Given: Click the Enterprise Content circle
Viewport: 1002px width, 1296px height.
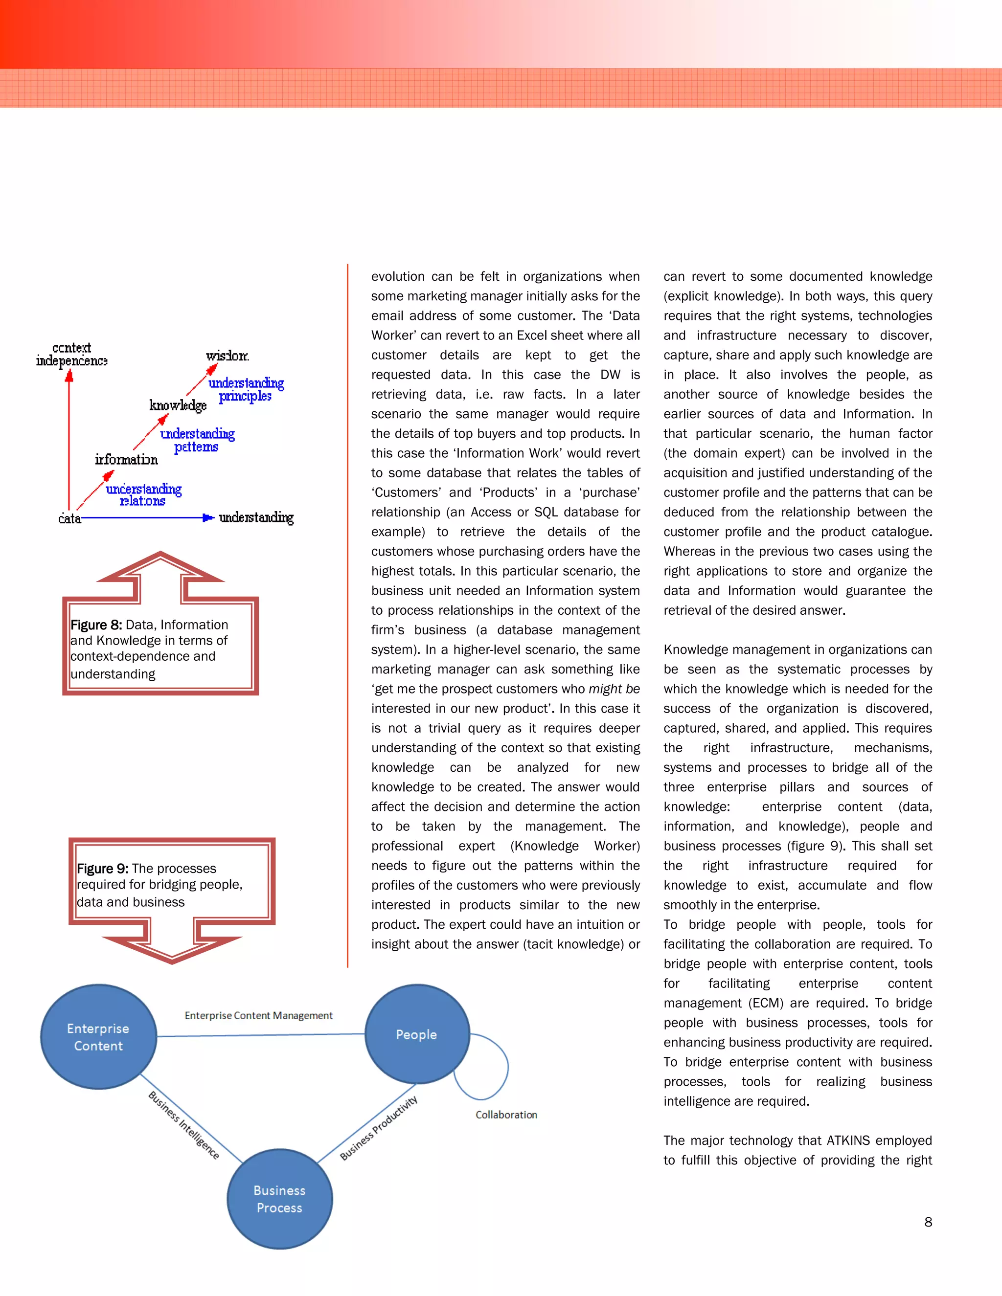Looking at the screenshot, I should pyautogui.click(x=98, y=1037).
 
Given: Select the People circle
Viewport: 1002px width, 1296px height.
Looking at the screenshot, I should pyautogui.click(x=417, y=1034).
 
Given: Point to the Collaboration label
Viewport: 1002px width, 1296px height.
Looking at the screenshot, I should pyautogui.click(x=506, y=1115).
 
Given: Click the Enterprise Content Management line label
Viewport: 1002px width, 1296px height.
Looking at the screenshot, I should pyautogui.click(x=258, y=1016).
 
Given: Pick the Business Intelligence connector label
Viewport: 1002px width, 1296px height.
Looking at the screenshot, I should pyautogui.click(x=183, y=1125).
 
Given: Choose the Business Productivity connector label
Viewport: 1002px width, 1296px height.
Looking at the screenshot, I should pyautogui.click(x=379, y=1128).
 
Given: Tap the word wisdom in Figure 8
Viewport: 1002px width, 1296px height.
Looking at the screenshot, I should pyautogui.click(x=228, y=356).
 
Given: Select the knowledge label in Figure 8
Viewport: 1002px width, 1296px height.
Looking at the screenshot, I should pyautogui.click(x=178, y=405).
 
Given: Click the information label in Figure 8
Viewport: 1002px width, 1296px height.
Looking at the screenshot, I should pyautogui.click(x=126, y=459).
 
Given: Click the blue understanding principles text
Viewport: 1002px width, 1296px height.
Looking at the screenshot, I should pyautogui.click(x=246, y=389).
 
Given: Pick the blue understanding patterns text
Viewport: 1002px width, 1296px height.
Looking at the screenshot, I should pyautogui.click(x=197, y=440).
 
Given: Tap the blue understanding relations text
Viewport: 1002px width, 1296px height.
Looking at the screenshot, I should pyautogui.click(x=144, y=495).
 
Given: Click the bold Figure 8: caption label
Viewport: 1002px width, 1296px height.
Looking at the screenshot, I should pyautogui.click(x=96, y=625).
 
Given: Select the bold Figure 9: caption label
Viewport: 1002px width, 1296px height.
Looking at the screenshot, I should pyautogui.click(x=102, y=869).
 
